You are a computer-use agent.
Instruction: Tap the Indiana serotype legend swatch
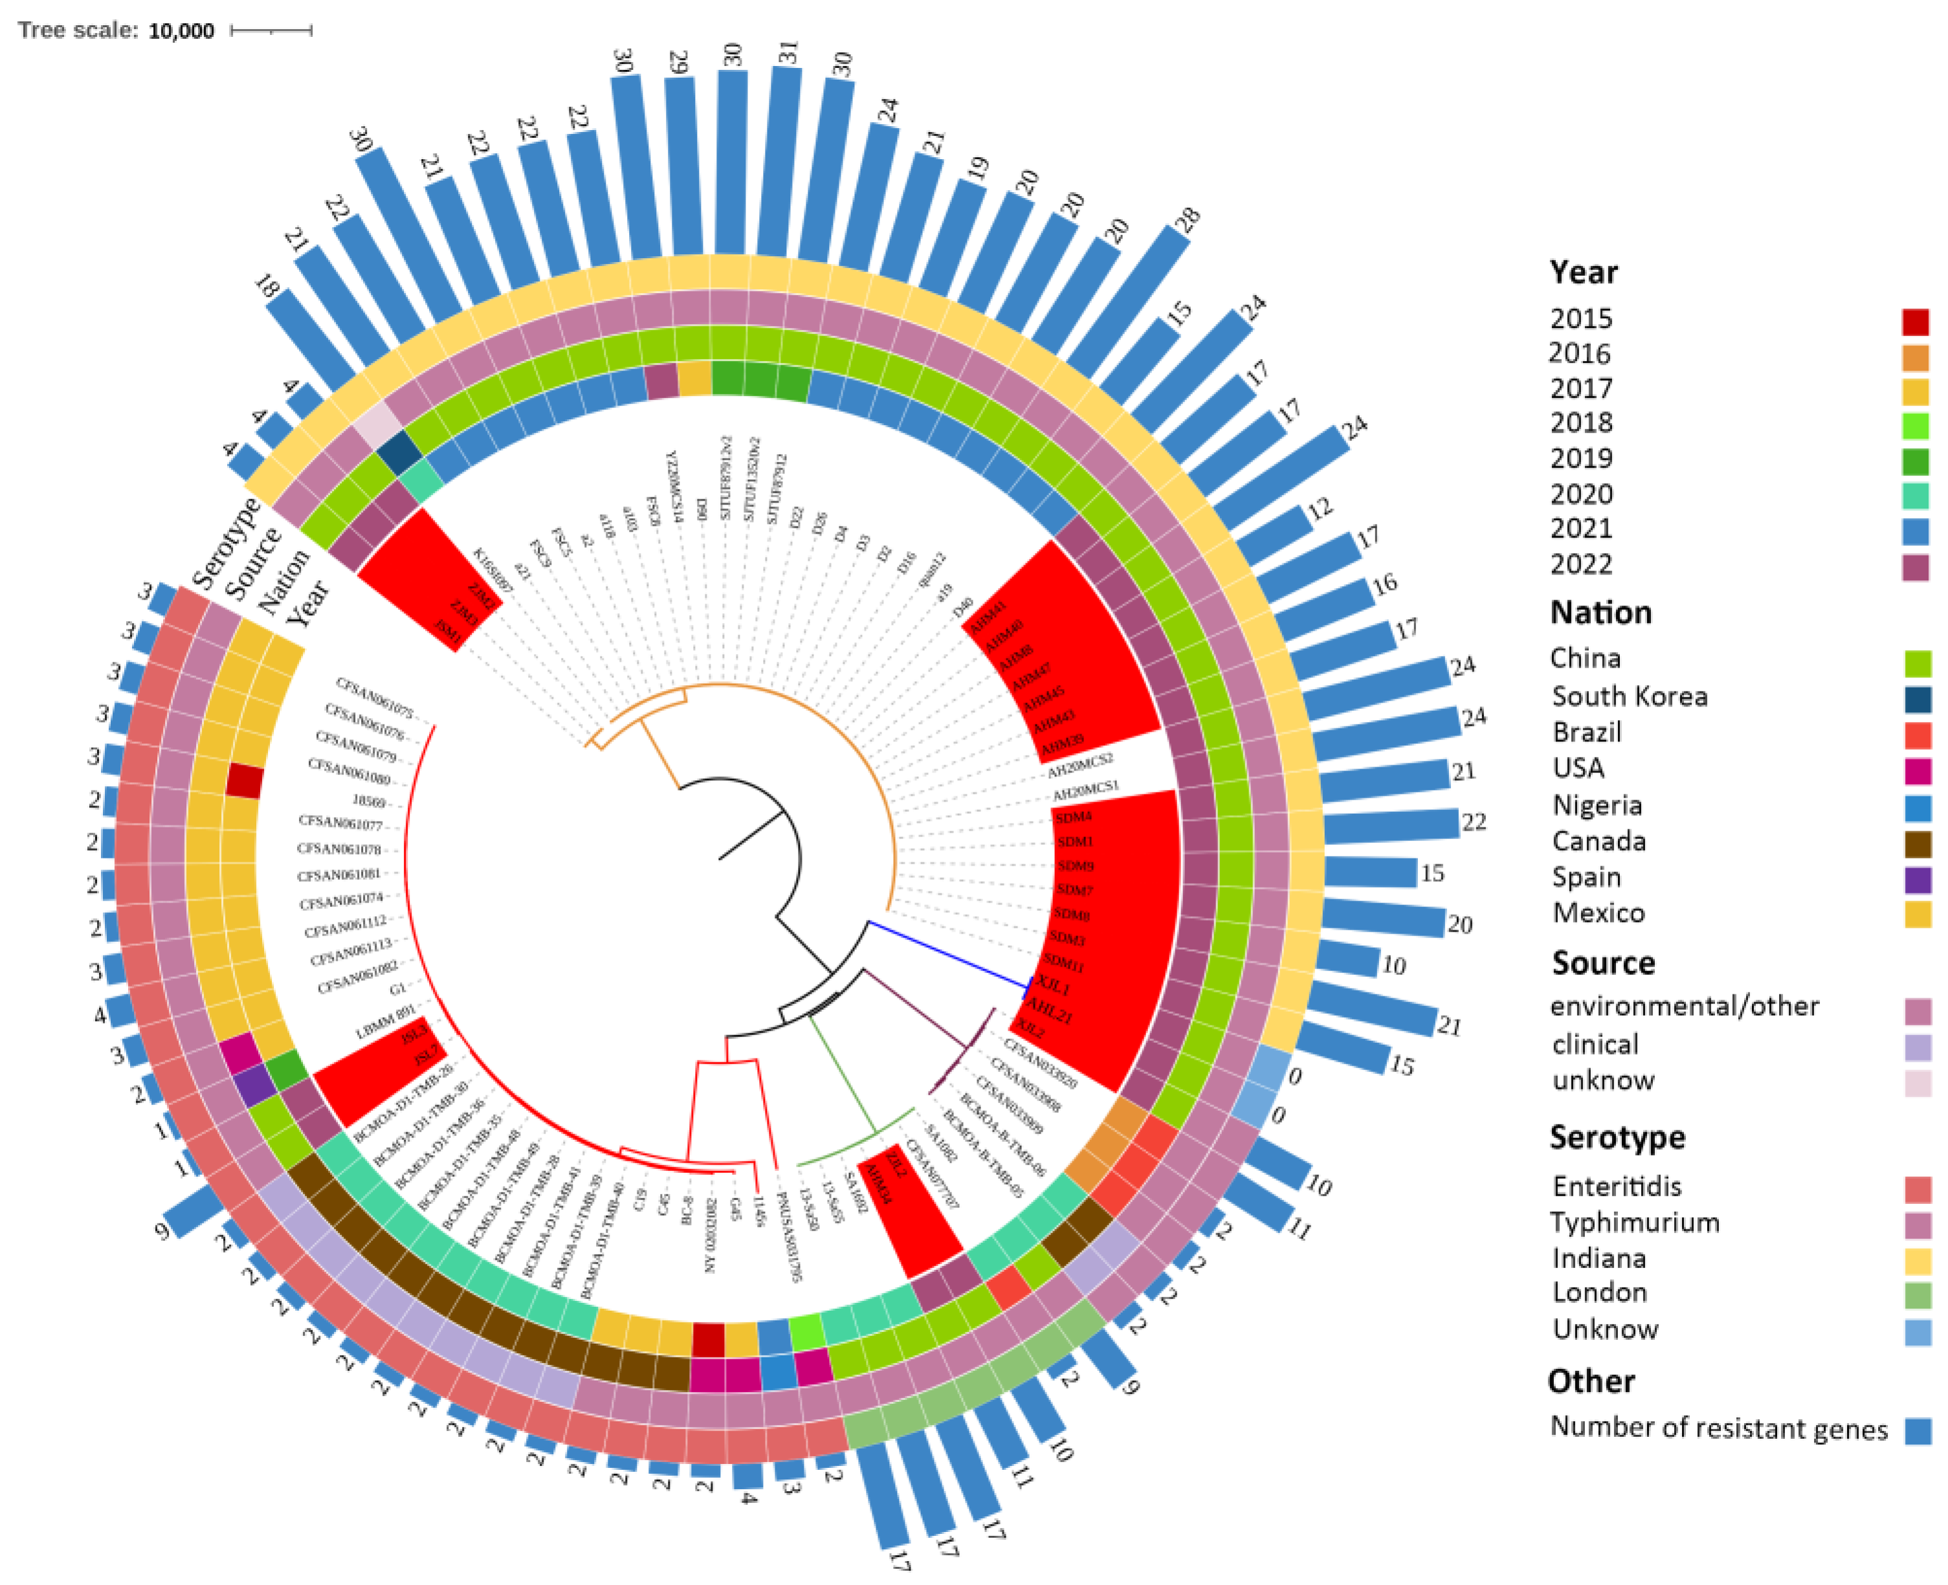pyautogui.click(x=1917, y=1261)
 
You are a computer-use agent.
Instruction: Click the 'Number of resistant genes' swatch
pyautogui.click(x=1917, y=1430)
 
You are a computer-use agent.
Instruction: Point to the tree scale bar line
pyautogui.click(x=271, y=31)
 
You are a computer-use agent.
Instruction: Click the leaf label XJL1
pyautogui.click(x=1053, y=985)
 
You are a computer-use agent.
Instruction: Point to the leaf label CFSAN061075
pyautogui.click(x=375, y=697)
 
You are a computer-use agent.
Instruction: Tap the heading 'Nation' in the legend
pyautogui.click(x=1600, y=612)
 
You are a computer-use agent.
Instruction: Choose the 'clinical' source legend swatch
pyautogui.click(x=1917, y=1046)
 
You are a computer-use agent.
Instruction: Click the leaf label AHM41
pyautogui.click(x=987, y=618)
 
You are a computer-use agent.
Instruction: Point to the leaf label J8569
pyautogui.click(x=369, y=801)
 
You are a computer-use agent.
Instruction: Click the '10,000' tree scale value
pyautogui.click(x=181, y=31)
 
